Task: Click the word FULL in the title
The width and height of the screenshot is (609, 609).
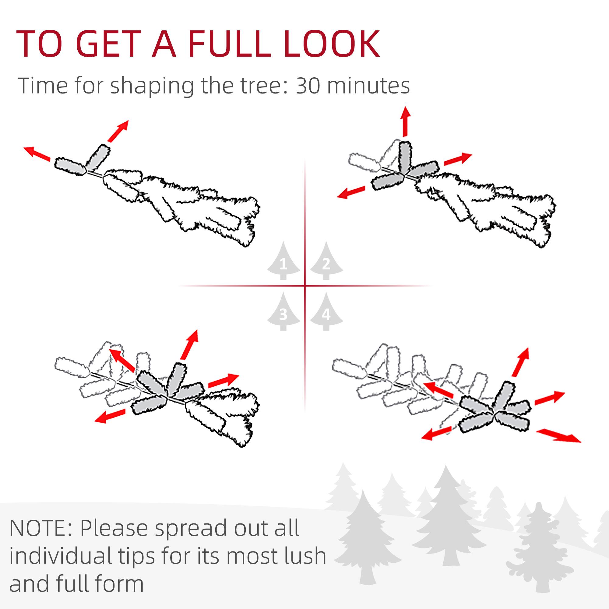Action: point(230,44)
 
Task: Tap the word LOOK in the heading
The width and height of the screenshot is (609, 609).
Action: point(332,44)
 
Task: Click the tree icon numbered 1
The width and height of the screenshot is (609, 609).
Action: point(283,262)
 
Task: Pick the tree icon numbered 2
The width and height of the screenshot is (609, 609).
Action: point(326,262)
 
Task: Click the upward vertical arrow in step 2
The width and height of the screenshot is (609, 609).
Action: point(405,121)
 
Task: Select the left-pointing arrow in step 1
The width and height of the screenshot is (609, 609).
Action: point(37,154)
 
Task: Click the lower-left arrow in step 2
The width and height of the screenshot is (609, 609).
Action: point(351,192)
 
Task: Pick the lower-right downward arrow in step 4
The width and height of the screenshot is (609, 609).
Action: point(558,436)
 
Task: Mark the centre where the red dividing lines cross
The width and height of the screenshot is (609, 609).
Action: point(305,286)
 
